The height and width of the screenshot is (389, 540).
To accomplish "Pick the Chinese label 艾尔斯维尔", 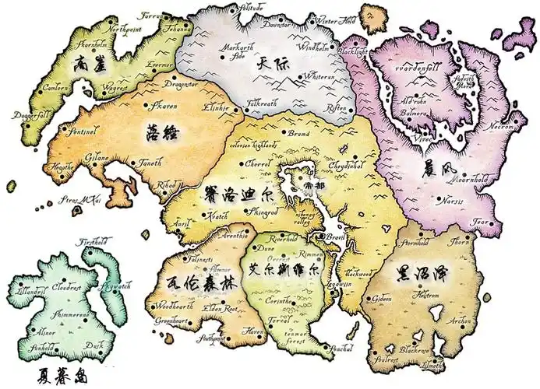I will [282, 271].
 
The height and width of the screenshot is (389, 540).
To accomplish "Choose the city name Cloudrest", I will [68, 287].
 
